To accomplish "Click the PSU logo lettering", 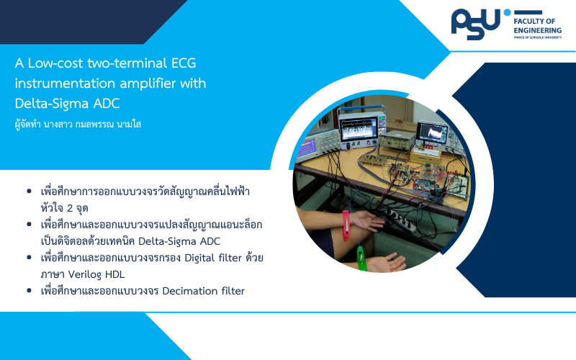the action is click(476, 24).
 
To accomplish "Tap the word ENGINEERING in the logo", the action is click(537, 30).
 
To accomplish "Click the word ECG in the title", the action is click(184, 63).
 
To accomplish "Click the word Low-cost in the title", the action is click(55, 63).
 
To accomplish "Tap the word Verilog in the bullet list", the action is click(85, 274).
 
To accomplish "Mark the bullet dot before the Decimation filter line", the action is click(30, 291).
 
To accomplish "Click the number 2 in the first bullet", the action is click(70, 208).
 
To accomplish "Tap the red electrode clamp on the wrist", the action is click(346, 225).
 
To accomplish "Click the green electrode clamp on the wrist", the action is click(361, 258).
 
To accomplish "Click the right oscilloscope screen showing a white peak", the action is click(433, 132).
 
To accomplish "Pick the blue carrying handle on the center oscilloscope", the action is click(361, 109).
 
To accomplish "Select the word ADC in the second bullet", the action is click(210, 241).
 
